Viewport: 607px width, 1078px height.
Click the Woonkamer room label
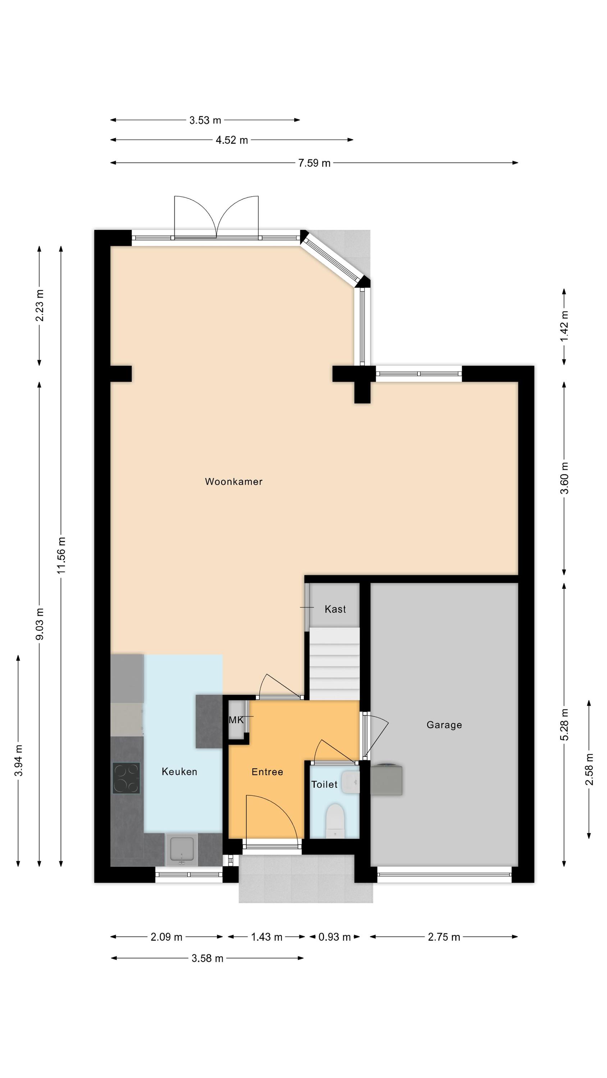point(234,481)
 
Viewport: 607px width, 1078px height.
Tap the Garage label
point(444,725)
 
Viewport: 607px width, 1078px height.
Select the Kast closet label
point(335,609)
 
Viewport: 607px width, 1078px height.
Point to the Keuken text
point(179,771)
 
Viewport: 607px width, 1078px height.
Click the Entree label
point(267,772)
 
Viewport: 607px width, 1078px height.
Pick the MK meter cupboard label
point(236,720)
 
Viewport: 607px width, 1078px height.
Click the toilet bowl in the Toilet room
point(335,821)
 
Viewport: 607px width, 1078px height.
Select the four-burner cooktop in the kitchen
point(126,778)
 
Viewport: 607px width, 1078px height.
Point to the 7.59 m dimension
point(314,163)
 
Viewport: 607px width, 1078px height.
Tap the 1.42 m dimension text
point(564,326)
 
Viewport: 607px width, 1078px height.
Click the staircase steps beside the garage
point(335,663)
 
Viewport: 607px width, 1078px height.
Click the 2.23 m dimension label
point(40,305)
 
